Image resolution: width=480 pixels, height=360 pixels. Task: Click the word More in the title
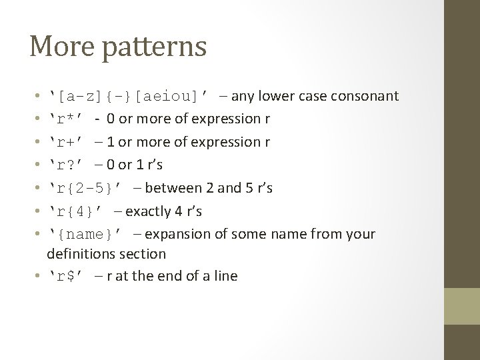click(x=59, y=46)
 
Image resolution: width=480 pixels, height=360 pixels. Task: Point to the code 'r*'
click(x=66, y=119)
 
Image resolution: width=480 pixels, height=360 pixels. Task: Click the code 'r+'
click(x=66, y=142)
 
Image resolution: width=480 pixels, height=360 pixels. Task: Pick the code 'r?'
click(x=66, y=165)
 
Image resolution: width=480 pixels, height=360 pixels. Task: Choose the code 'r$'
click(x=66, y=275)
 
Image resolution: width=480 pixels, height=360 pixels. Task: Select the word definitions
click(x=81, y=254)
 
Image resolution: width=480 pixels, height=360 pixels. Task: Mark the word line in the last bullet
click(x=224, y=275)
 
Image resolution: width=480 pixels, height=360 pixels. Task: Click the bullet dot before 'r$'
click(x=40, y=276)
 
